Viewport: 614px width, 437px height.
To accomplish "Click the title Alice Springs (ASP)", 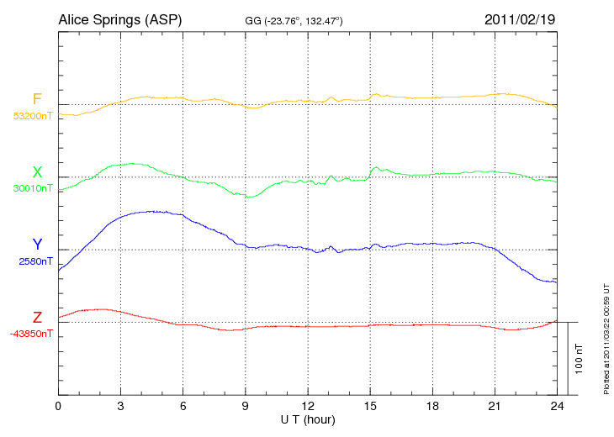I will tap(121, 18).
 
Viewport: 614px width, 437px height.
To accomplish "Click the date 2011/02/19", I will tap(520, 18).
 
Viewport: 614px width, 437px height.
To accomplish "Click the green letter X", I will tap(37, 172).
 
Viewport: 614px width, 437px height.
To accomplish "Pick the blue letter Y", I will tap(37, 245).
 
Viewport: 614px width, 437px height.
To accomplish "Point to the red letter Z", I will tap(37, 317).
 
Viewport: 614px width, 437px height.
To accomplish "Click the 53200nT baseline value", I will tap(33, 116).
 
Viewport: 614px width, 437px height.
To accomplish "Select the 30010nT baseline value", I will tap(33, 188).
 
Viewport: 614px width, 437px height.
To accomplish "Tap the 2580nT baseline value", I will tap(36, 261).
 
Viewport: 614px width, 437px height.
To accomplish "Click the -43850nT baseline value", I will tap(32, 334).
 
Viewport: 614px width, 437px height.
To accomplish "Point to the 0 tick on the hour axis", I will tap(58, 406).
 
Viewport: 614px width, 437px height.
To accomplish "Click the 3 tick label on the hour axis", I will tap(121, 406).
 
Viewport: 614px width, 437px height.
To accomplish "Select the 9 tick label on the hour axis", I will tap(246, 406).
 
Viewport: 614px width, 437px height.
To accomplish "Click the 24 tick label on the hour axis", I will tap(557, 406).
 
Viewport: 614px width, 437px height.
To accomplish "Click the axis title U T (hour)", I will tap(308, 419).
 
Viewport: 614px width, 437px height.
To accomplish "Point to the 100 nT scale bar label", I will tap(580, 358).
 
